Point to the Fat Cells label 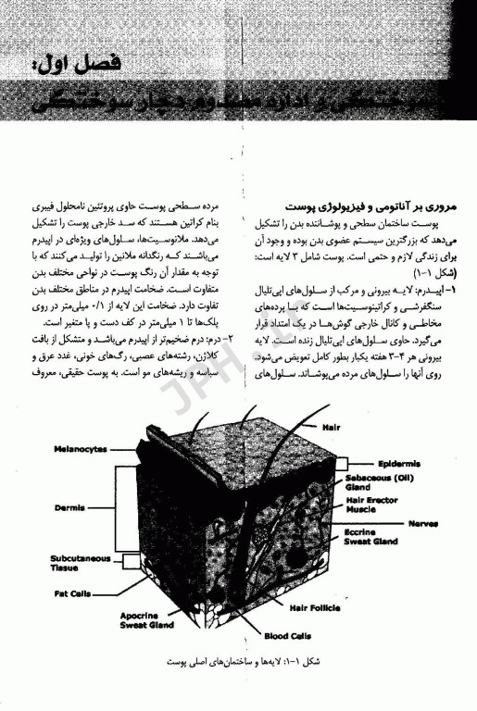tap(73, 592)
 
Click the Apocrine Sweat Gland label tap(146, 619)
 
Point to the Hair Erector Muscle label tap(375, 505)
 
